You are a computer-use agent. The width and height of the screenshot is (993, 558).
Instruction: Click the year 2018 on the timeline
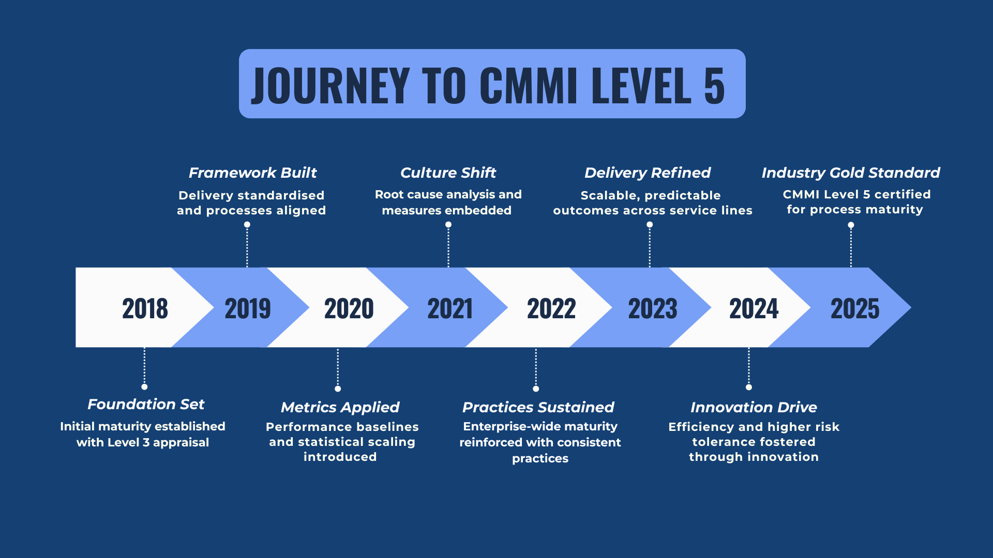tap(145, 308)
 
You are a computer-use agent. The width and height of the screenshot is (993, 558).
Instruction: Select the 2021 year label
tap(450, 308)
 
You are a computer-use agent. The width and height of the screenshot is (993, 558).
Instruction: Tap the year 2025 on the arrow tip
tap(855, 308)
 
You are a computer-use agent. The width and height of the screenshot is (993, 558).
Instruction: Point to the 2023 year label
tap(653, 308)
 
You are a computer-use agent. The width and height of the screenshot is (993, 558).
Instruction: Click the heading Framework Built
tap(252, 173)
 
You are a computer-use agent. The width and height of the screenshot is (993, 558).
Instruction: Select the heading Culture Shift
tap(448, 173)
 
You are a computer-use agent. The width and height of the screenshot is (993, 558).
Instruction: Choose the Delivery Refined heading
tap(648, 173)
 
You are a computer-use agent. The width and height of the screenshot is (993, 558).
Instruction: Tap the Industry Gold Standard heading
tap(851, 173)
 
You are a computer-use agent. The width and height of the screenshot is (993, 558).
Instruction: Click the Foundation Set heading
tap(146, 404)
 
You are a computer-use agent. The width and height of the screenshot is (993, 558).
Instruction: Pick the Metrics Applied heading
tap(340, 407)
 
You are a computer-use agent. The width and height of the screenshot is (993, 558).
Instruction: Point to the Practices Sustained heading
tap(538, 407)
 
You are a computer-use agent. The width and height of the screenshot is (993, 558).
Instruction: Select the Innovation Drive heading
tap(754, 407)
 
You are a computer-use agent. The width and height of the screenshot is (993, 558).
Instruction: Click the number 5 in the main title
tap(714, 86)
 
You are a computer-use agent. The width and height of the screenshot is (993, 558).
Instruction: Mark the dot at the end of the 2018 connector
tap(144, 387)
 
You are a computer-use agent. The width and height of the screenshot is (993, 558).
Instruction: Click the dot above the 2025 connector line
tap(851, 225)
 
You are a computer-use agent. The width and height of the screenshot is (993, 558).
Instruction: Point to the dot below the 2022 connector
tap(536, 389)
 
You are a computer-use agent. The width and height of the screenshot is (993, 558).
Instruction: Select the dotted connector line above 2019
tap(247, 247)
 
